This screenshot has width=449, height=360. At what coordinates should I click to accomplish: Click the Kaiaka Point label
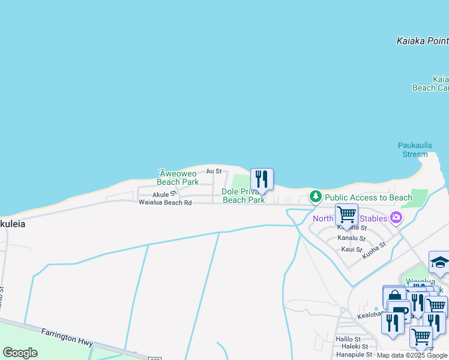[423, 41]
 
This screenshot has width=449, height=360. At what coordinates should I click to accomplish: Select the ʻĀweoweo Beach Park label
[178, 178]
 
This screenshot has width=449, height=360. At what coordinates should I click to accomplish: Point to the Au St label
[214, 171]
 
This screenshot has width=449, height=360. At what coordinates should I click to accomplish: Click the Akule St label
[164, 194]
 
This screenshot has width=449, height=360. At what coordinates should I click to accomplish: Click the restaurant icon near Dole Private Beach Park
[262, 179]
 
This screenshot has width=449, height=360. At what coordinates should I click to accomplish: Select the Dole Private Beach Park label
[243, 196]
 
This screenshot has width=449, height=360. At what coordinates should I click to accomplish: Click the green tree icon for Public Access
[315, 197]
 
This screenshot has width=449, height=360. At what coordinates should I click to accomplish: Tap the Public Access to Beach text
[369, 197]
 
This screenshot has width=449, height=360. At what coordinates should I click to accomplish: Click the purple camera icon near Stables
[396, 218]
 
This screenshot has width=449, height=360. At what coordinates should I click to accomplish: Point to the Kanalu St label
[351, 238]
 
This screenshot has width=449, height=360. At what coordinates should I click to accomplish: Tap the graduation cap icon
[439, 262]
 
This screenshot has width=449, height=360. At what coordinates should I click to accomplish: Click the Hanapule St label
[354, 355]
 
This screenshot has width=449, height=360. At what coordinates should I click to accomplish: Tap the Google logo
[20, 353]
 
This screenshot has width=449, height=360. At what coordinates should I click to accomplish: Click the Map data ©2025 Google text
[412, 355]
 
